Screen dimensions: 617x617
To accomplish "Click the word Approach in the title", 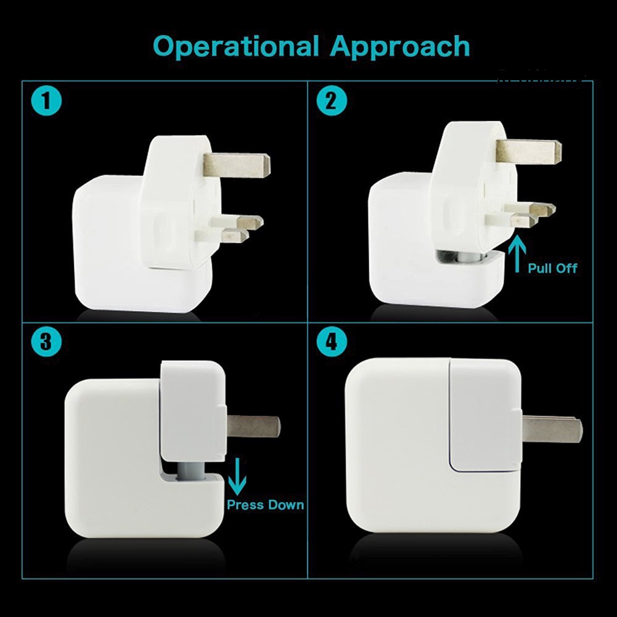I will click(400, 47).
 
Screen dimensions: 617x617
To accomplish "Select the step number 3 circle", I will click(46, 341).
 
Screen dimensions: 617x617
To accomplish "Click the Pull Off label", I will click(552, 269).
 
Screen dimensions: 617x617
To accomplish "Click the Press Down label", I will click(265, 505).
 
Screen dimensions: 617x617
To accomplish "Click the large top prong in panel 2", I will click(529, 151).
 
